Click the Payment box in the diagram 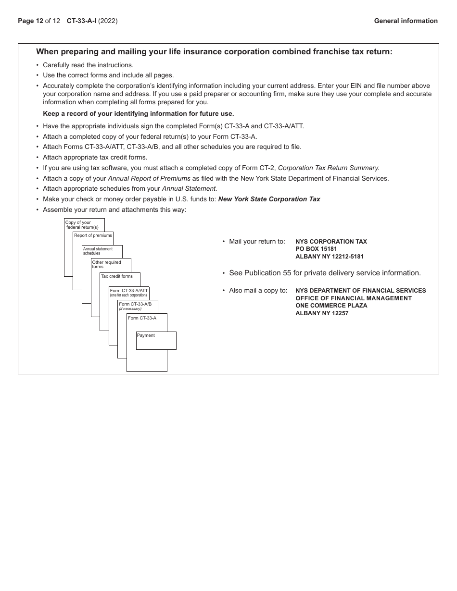point(156,340)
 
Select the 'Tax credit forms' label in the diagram point(117,276)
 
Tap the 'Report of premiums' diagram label point(93,235)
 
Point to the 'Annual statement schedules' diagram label point(98,251)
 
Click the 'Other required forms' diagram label point(106,264)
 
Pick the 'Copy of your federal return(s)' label point(82,225)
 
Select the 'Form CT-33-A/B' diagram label point(135,304)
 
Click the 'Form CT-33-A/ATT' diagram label point(128,291)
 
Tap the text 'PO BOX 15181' point(316,249)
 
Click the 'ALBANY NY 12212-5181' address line point(330,257)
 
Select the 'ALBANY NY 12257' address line point(322,313)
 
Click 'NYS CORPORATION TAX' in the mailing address point(331,242)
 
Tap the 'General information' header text point(406,21)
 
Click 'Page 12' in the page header point(30,21)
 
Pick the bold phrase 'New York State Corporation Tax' point(269,199)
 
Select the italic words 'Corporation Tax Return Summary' point(329,168)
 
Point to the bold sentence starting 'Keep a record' point(138,114)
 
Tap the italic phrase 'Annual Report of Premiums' point(149,178)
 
